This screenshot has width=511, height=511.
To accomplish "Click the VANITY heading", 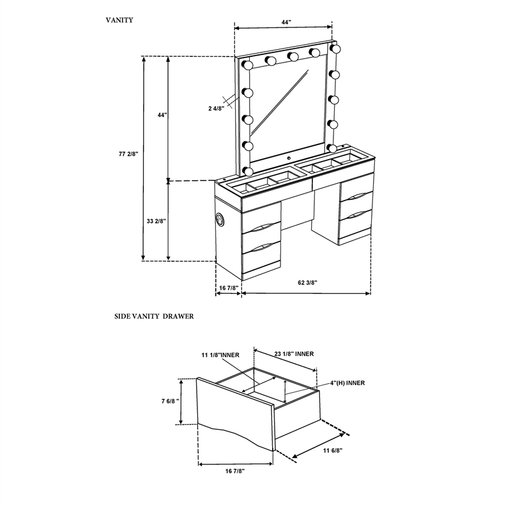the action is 119,20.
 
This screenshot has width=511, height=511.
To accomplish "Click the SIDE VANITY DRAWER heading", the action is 154,316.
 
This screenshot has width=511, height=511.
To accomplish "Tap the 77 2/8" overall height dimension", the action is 128,154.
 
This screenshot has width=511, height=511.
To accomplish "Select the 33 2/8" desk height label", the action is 156,221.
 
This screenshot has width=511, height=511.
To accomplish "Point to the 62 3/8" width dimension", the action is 308,282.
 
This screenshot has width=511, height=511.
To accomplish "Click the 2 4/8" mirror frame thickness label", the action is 217,109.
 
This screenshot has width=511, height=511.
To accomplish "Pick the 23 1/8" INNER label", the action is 294,354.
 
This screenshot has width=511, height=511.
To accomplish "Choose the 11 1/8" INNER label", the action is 220,355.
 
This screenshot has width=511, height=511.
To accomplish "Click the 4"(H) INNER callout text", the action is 347,383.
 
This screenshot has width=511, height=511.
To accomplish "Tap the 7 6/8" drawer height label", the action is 170,401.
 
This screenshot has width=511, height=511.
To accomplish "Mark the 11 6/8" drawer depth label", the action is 333,451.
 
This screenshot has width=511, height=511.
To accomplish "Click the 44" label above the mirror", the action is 286,22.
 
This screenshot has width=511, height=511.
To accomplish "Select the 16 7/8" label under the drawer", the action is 235,471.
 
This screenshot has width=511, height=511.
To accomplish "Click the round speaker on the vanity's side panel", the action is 219,218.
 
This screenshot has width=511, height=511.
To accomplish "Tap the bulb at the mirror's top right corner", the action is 335,49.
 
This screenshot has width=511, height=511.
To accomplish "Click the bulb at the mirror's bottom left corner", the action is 248,171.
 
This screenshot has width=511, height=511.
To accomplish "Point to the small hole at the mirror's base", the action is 289,158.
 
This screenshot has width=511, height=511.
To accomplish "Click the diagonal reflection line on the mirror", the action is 279,102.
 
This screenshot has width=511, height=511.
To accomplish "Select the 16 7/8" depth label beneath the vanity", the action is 229,288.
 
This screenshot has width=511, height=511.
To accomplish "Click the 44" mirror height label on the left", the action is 162,115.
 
